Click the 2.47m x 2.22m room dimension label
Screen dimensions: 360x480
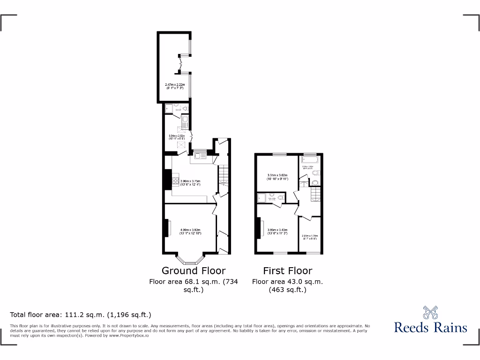click(174, 86)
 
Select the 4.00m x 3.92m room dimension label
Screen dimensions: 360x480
click(191, 231)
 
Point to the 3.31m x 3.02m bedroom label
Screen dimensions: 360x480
click(277, 177)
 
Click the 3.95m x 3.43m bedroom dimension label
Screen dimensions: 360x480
click(277, 231)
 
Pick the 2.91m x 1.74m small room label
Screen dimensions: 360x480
click(310, 237)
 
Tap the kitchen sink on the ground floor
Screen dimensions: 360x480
click(199, 156)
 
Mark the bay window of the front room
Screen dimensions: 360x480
click(190, 257)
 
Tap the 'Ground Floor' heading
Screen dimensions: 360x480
click(193, 270)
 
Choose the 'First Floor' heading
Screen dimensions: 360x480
click(287, 270)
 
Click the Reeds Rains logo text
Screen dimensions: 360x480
click(430, 327)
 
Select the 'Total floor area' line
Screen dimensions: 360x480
click(81, 315)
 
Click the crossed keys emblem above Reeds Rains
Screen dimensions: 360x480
click(430, 312)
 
